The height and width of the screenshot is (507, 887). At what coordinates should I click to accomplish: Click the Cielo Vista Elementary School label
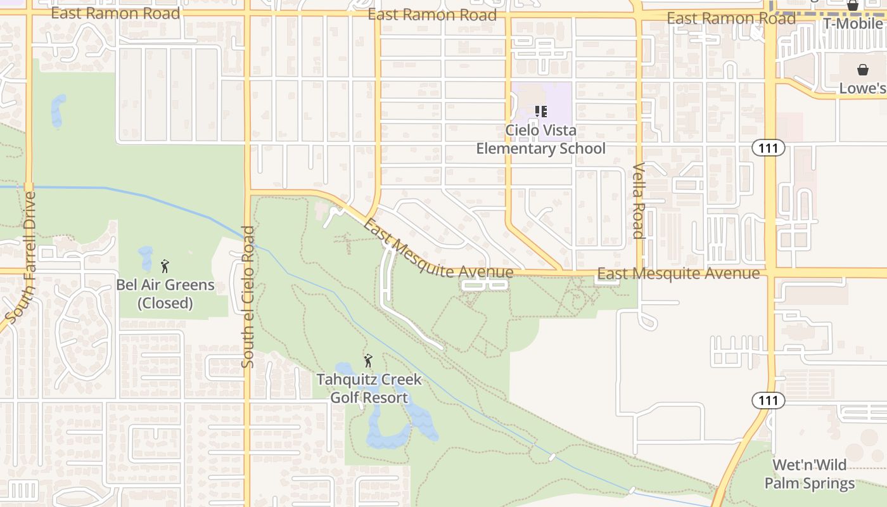(x=540, y=139)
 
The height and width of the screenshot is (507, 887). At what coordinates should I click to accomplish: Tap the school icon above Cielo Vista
(x=540, y=112)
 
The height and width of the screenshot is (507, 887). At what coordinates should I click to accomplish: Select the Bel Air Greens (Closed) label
(x=165, y=294)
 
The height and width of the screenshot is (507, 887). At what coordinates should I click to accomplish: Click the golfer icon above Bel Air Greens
(x=165, y=266)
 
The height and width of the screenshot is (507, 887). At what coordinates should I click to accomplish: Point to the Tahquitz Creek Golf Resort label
(x=369, y=388)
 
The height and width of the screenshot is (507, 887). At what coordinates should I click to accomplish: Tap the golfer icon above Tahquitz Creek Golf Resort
(x=368, y=361)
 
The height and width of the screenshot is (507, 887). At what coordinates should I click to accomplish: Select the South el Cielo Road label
(x=248, y=297)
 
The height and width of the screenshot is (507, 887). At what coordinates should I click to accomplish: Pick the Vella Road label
(x=638, y=201)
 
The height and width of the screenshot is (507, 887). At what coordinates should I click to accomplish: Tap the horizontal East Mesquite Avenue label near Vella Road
(x=678, y=274)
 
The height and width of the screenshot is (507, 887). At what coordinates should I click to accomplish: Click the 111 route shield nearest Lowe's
(x=769, y=148)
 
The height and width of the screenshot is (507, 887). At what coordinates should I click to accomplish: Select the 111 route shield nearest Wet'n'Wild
(x=769, y=401)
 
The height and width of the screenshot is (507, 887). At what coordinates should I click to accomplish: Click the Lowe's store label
(x=862, y=89)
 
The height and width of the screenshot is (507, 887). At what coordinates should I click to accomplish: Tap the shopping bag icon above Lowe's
(x=862, y=69)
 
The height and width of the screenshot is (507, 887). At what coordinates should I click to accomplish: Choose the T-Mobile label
(x=852, y=24)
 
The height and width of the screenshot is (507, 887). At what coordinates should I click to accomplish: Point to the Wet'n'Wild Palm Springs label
(x=809, y=475)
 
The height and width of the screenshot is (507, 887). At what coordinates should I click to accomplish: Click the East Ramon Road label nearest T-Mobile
(x=731, y=19)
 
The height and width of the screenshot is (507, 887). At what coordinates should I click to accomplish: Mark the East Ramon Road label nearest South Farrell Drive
(x=115, y=13)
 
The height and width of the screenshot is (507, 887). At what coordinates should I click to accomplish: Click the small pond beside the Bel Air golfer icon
(x=146, y=257)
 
